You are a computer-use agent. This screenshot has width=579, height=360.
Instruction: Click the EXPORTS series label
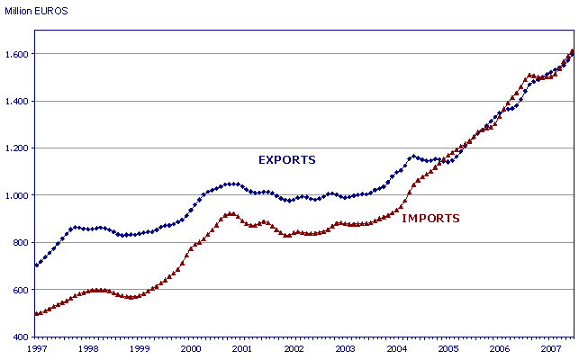click(286, 160)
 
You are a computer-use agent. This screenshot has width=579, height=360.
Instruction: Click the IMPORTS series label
click(430, 218)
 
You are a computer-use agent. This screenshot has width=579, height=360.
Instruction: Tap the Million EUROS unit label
click(35, 11)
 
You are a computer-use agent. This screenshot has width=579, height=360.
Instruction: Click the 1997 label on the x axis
click(37, 347)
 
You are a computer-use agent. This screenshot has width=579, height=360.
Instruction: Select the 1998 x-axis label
click(88, 347)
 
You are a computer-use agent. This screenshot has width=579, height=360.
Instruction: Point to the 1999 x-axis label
click(140, 347)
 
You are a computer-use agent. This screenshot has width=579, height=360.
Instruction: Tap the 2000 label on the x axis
click(191, 347)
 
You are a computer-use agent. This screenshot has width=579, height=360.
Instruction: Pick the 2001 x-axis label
click(242, 347)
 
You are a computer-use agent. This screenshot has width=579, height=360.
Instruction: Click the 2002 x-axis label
click(294, 347)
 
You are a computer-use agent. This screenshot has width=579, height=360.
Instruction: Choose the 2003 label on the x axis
click(345, 347)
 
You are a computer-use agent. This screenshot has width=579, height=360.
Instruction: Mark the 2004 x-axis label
click(396, 347)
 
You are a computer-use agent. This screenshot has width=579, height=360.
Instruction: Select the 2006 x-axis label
click(499, 347)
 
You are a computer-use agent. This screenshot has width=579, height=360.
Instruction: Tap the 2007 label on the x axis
click(550, 347)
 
